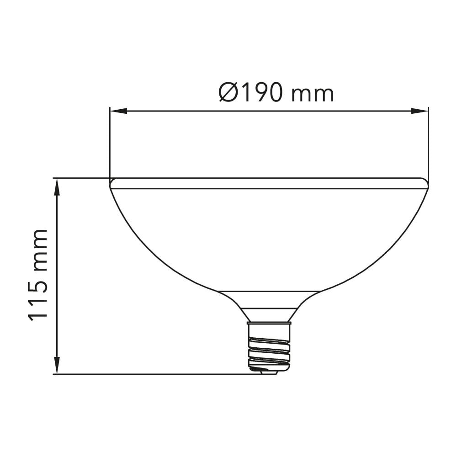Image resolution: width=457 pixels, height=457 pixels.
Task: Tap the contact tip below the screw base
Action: click(269, 372)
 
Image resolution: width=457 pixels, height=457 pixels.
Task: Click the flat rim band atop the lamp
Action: click(269, 183)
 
